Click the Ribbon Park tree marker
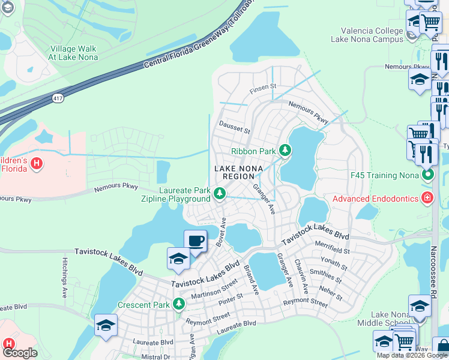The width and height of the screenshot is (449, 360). (286, 150)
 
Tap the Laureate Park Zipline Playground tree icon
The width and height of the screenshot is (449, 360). (220, 193)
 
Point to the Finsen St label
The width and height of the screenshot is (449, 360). (263, 86)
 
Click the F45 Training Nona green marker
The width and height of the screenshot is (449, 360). (427, 175)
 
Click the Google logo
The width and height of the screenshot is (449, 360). (20, 353)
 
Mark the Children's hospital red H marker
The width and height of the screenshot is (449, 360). (37, 163)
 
